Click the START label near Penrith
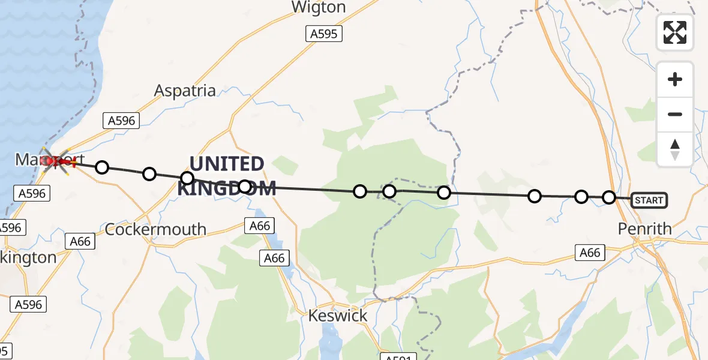pyautogui.click(x=649, y=200)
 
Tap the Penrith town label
pyautogui.click(x=645, y=229)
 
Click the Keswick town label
pyautogui.click(x=337, y=316)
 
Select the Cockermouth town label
pyautogui.click(x=156, y=229)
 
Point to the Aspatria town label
pyautogui.click(x=185, y=91)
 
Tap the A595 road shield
pyautogui.click(x=323, y=34)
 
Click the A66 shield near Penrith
pyautogui.click(x=589, y=253)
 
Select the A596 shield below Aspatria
pyautogui.click(x=121, y=121)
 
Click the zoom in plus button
pyautogui.click(x=675, y=79)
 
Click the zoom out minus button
pyautogui.click(x=675, y=114)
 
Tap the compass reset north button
pyautogui.click(x=675, y=149)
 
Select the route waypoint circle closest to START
pyautogui.click(x=609, y=197)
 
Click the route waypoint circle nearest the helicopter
pyautogui.click(x=102, y=167)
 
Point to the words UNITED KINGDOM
pyautogui.click(x=227, y=175)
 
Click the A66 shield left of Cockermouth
pyautogui.click(x=80, y=241)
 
